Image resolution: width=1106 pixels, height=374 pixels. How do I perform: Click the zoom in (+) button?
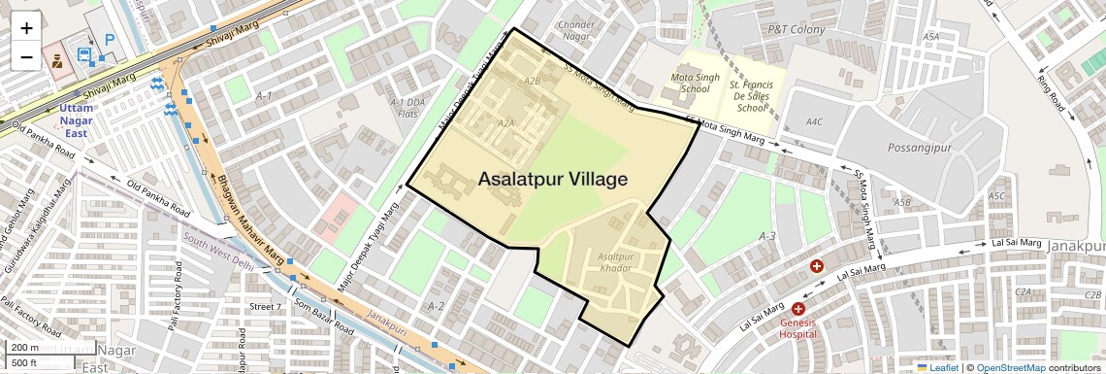(x=26, y=28)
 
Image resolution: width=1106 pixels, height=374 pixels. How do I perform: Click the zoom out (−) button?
(x=26, y=56)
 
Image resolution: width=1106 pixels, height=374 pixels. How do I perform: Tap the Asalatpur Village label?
(x=552, y=180)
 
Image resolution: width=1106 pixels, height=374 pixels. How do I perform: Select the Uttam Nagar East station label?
(x=77, y=120)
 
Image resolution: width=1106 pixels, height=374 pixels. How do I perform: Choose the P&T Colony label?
(x=797, y=30)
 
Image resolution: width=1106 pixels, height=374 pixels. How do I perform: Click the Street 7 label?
(x=265, y=307)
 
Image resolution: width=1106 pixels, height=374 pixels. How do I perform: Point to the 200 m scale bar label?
(x=24, y=348)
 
